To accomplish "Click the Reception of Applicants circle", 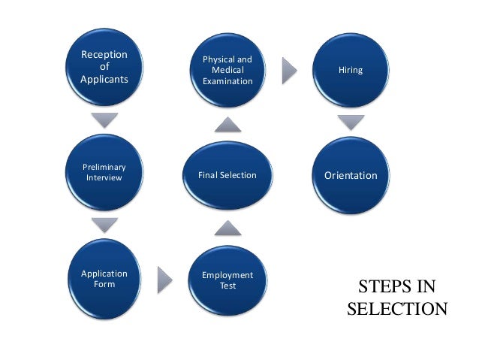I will tap(104, 68).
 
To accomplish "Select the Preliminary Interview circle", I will tap(104, 172).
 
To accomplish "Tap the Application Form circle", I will tap(104, 279).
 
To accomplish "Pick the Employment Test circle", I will tap(227, 280).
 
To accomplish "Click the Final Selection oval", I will tap(227, 175).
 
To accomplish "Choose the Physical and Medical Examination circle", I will tap(227, 70).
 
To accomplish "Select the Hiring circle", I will tap(351, 70).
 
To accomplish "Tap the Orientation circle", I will tap(351, 175).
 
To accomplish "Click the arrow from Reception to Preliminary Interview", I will tap(104, 119).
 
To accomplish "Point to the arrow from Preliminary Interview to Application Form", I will tap(104, 225).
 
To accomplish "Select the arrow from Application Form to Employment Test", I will tap(165, 280).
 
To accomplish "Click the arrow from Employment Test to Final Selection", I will tap(227, 227).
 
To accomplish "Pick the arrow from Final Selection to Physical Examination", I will tap(227, 123).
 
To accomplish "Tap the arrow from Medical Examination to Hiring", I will tap(290, 71).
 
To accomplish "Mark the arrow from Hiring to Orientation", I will tap(351, 122).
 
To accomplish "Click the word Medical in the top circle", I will tap(227, 70).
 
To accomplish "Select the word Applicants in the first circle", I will tap(104, 79).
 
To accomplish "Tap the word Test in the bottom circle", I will tap(227, 286).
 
